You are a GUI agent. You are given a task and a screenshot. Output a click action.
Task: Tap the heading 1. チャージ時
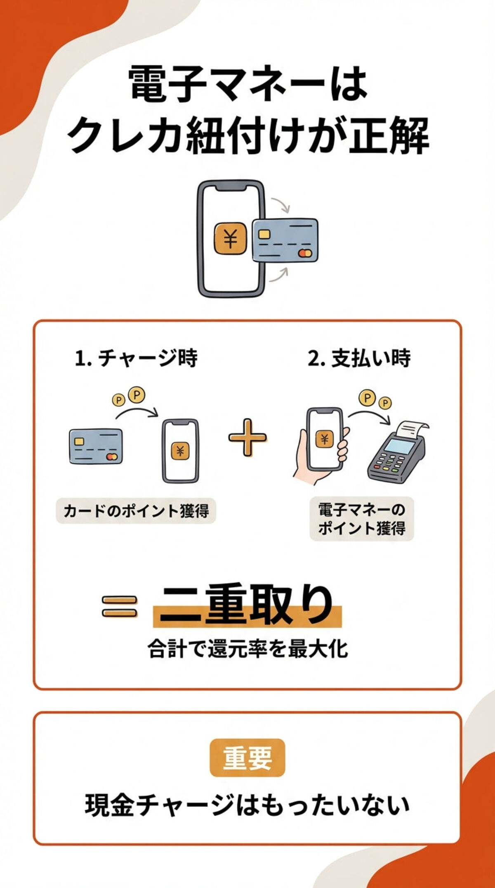click(x=136, y=358)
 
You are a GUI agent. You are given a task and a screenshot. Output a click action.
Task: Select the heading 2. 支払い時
click(x=359, y=358)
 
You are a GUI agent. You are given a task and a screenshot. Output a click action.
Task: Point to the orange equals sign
click(x=120, y=607)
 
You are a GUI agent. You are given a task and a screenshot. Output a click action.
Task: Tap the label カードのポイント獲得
click(x=136, y=511)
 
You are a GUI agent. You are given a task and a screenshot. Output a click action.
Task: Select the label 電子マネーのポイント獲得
click(x=362, y=519)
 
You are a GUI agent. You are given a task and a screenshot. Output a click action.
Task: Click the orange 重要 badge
click(x=247, y=758)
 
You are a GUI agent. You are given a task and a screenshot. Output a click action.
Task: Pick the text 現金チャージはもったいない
click(x=247, y=805)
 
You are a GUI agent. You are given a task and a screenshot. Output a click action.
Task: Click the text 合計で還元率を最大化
click(x=247, y=648)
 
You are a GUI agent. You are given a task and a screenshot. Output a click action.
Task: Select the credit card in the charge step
click(x=96, y=446)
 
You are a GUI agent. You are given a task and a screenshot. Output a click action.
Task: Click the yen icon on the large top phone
click(x=230, y=238)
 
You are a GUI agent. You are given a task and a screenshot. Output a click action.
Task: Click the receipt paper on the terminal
click(x=412, y=430)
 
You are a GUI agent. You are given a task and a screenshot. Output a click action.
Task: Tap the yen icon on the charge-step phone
click(x=180, y=451)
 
